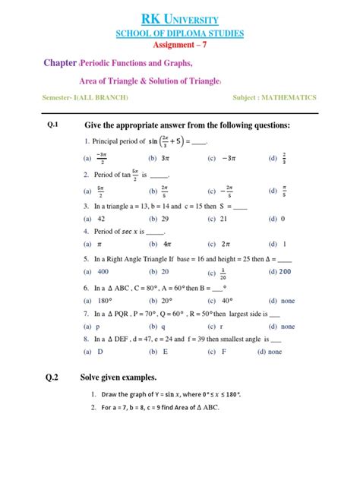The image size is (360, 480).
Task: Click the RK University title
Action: tap(179, 17)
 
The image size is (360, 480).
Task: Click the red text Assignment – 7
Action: tap(180, 45)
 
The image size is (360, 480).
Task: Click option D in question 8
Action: tap(99, 352)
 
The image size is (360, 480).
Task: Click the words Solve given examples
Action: tap(118, 377)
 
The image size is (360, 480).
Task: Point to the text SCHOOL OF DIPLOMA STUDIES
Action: tap(179, 33)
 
